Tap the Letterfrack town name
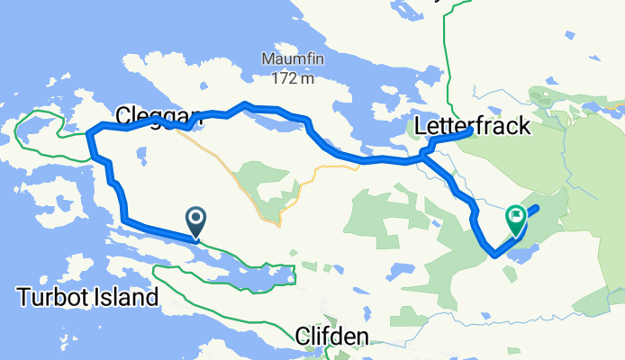[x=473, y=126]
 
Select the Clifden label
[x=332, y=336]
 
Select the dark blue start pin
[x=195, y=219]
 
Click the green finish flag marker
[x=516, y=217]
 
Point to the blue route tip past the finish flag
[x=537, y=208]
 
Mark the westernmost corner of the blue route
[x=89, y=133]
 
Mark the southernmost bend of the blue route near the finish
[x=494, y=255]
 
